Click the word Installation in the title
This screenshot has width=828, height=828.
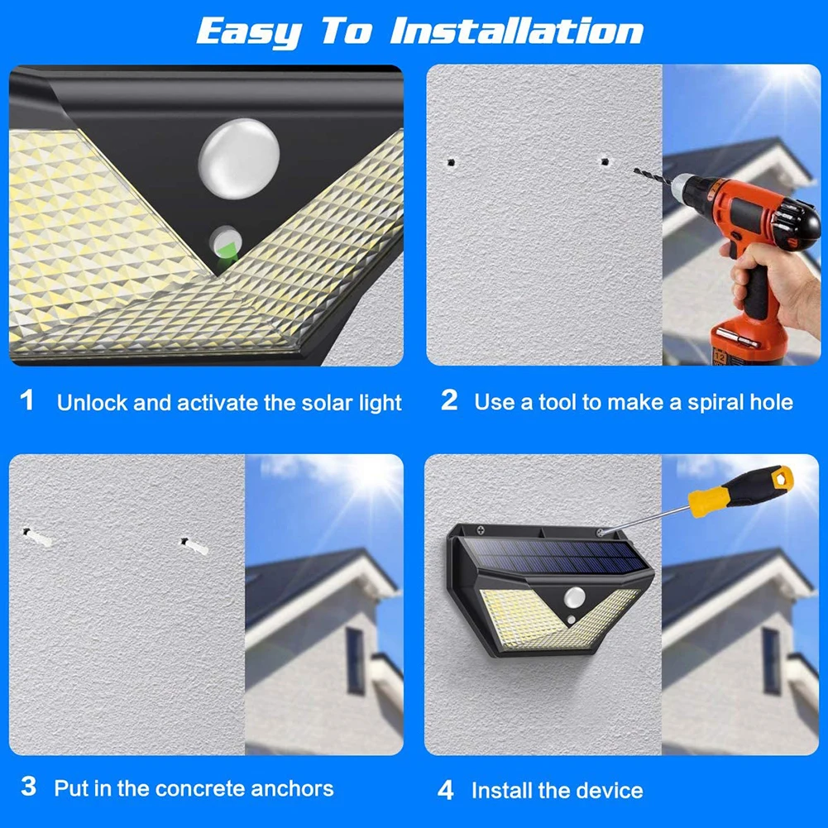[516, 31]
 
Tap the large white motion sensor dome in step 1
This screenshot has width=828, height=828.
[239, 159]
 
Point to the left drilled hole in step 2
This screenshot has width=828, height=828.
[451, 162]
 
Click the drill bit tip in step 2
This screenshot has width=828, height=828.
[635, 170]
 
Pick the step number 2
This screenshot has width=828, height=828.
[449, 400]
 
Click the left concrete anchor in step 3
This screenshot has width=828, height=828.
[36, 537]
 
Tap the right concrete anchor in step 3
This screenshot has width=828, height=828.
[194, 546]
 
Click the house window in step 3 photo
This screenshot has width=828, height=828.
[356, 661]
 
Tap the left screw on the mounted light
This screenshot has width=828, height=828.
[481, 530]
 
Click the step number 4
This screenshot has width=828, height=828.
[446, 790]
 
